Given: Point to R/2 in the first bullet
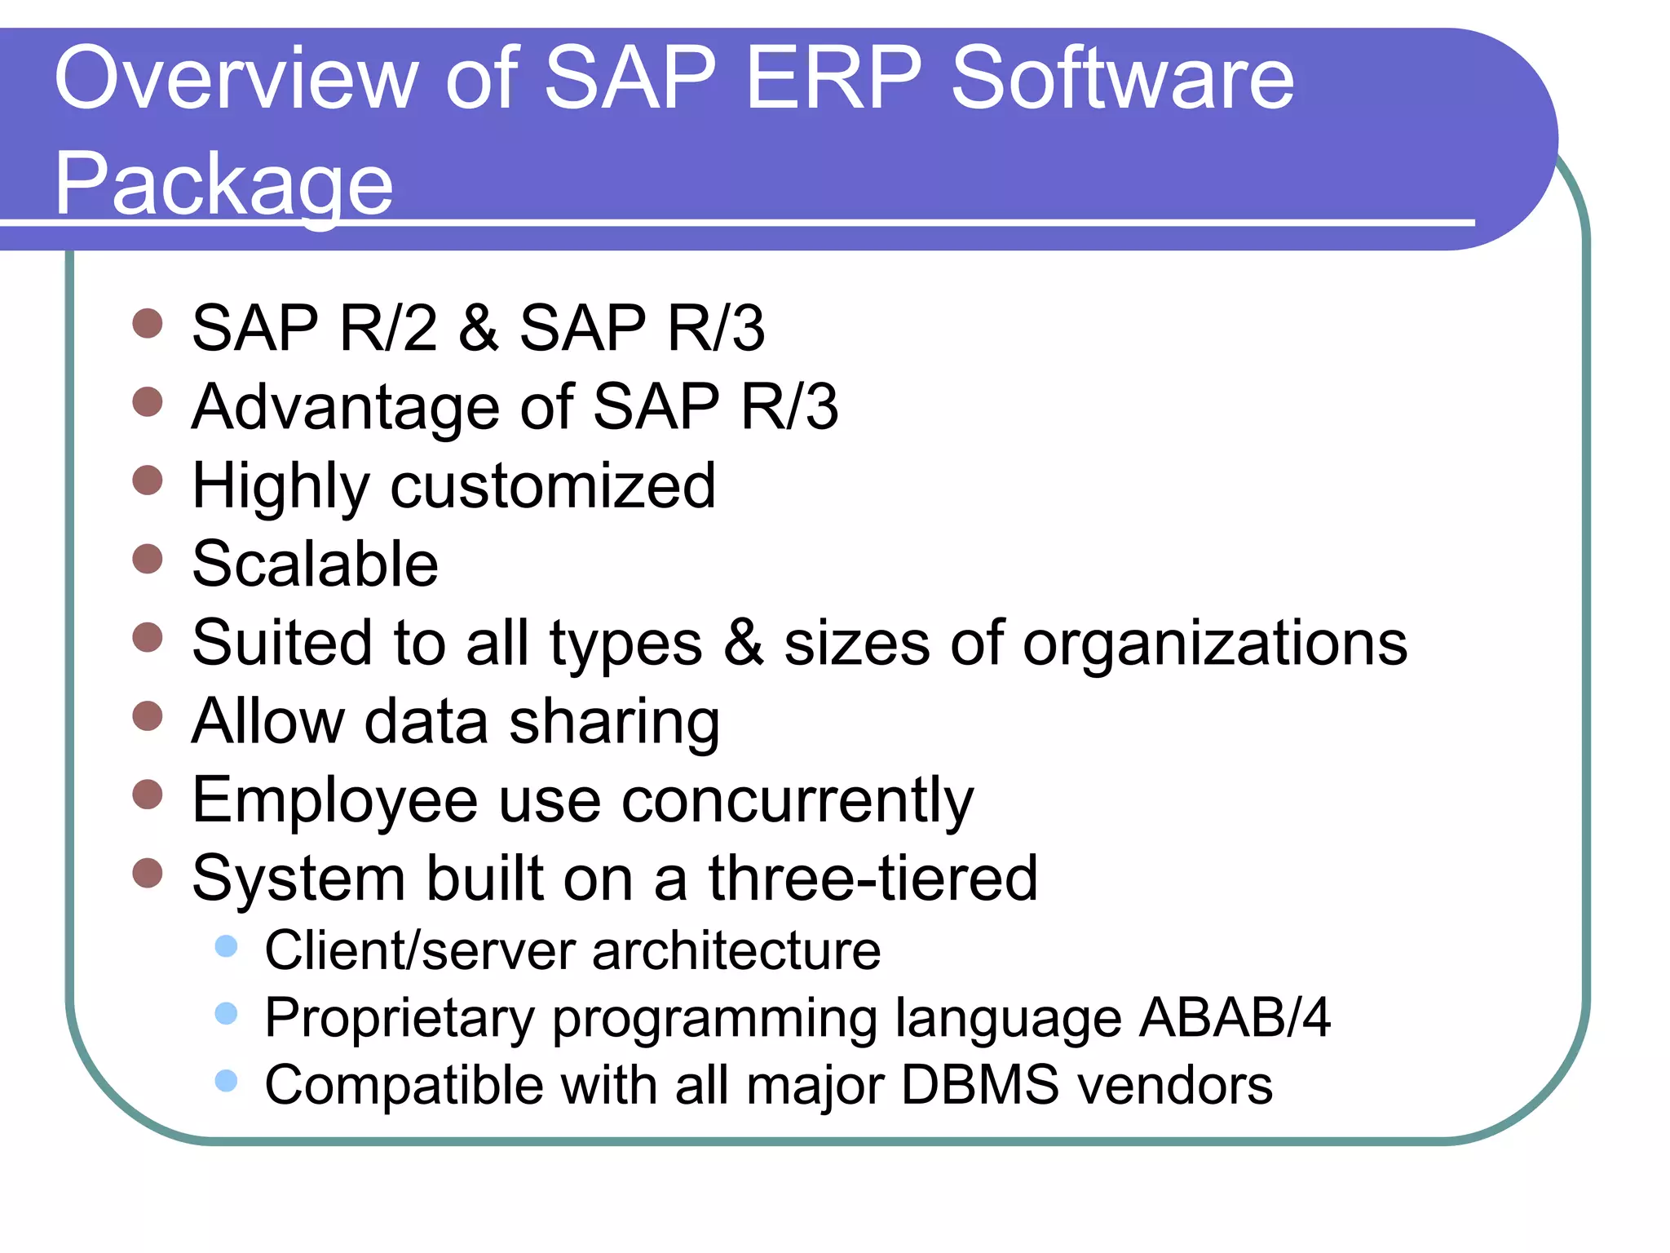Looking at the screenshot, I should [x=388, y=328].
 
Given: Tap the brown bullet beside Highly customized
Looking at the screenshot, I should [x=148, y=480].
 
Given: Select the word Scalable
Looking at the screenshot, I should [x=315, y=565].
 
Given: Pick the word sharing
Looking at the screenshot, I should [x=614, y=723].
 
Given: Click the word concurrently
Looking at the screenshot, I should [x=797, y=801].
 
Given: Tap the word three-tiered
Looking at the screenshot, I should [x=873, y=879].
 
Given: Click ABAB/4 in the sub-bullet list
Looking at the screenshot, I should [x=1235, y=1018].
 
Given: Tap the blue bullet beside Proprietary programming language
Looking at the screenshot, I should [x=226, y=1014].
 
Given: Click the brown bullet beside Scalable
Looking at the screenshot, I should [x=148, y=559].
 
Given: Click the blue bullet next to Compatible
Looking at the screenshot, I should [x=226, y=1081].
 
